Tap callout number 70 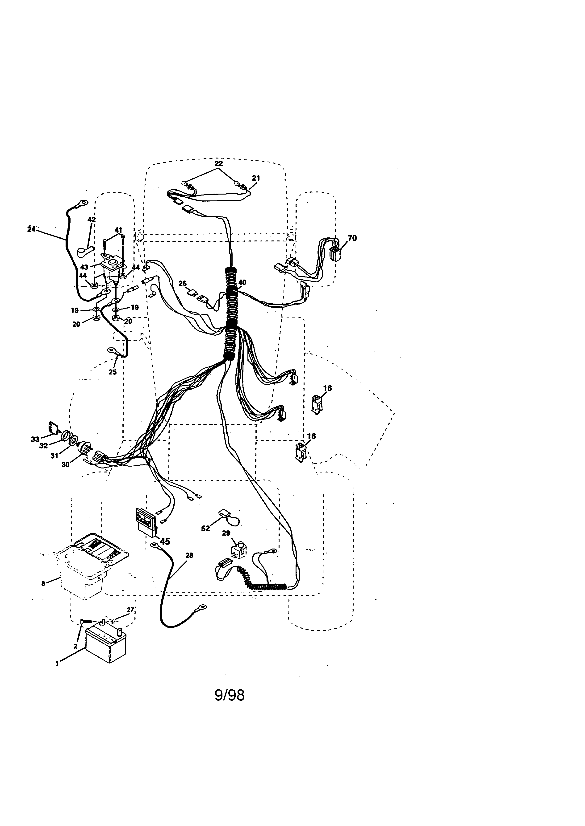point(352,238)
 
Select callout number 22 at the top point(219,163)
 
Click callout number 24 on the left point(31,229)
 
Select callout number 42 point(92,220)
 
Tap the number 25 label point(112,372)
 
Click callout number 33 point(35,439)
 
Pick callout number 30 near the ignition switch point(65,464)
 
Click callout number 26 point(183,284)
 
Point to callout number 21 point(256,178)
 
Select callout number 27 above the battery point(130,610)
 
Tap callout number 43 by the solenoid point(84,267)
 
